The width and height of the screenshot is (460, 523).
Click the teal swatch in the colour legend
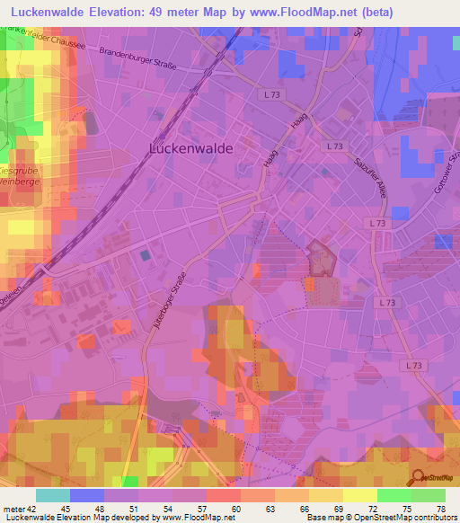(53, 495)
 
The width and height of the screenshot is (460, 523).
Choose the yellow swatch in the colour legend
(359, 495)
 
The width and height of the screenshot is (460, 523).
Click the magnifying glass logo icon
(419, 477)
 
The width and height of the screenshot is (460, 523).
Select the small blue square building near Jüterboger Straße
(146, 257)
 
